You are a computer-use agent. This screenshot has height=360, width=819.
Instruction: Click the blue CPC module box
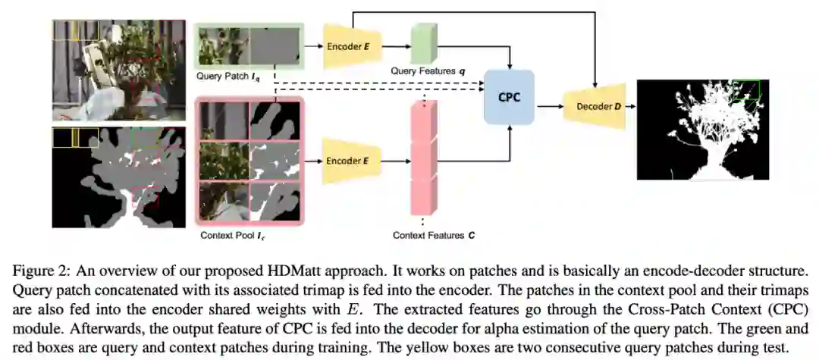(510, 98)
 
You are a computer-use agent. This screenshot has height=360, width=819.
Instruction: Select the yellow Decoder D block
(595, 107)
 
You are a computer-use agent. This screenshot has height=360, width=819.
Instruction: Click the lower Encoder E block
(350, 161)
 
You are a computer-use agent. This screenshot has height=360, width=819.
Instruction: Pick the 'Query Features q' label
(427, 70)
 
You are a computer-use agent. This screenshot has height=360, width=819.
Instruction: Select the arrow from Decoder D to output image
(631, 107)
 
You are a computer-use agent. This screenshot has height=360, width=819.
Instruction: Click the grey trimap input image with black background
(118, 177)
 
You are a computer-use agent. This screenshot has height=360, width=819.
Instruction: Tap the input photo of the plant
(118, 70)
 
